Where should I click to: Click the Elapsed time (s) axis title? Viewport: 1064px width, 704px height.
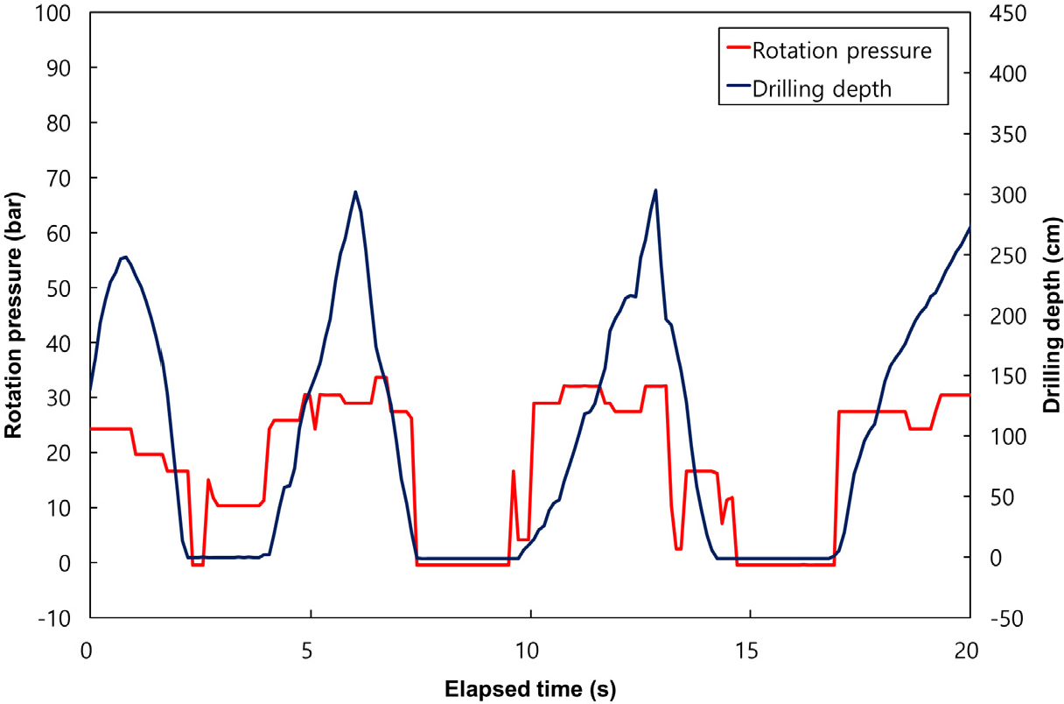click(529, 688)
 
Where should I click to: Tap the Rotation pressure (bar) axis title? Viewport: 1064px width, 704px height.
click(14, 315)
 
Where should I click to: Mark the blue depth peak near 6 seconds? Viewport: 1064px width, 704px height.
click(355, 192)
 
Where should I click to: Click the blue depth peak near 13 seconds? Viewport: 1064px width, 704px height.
click(655, 190)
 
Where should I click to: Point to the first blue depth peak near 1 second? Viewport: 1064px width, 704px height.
click(126, 257)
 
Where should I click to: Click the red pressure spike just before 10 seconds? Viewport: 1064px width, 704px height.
click(513, 471)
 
